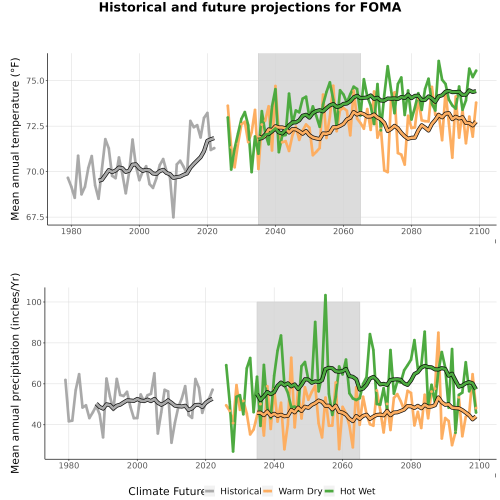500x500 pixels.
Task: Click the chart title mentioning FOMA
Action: coord(250,7)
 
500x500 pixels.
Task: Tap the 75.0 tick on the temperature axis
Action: coord(34,81)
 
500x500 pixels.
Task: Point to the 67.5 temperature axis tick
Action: coord(34,217)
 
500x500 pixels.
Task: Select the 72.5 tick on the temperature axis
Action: coord(34,126)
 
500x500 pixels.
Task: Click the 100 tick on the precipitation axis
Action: coord(34,302)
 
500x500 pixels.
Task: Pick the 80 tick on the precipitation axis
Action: coord(36,343)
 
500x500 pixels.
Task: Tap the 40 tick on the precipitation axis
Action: coord(36,425)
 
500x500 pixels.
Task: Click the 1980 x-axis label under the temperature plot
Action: coord(71,231)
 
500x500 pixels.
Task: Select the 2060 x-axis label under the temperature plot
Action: coord(343,231)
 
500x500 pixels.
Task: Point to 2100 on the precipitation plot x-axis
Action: coord(479,465)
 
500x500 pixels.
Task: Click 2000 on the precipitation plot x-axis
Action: coord(137,465)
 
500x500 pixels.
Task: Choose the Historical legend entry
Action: coord(233,491)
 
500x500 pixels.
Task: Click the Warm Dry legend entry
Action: coord(293,491)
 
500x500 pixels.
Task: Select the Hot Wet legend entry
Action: coord(350,491)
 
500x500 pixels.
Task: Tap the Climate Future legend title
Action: coord(166,491)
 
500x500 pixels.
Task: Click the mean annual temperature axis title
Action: coord(15,139)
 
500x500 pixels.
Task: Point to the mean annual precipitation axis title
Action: coord(15,373)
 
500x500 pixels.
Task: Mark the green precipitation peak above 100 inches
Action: coord(325,295)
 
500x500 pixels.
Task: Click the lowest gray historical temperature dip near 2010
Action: coord(173,217)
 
